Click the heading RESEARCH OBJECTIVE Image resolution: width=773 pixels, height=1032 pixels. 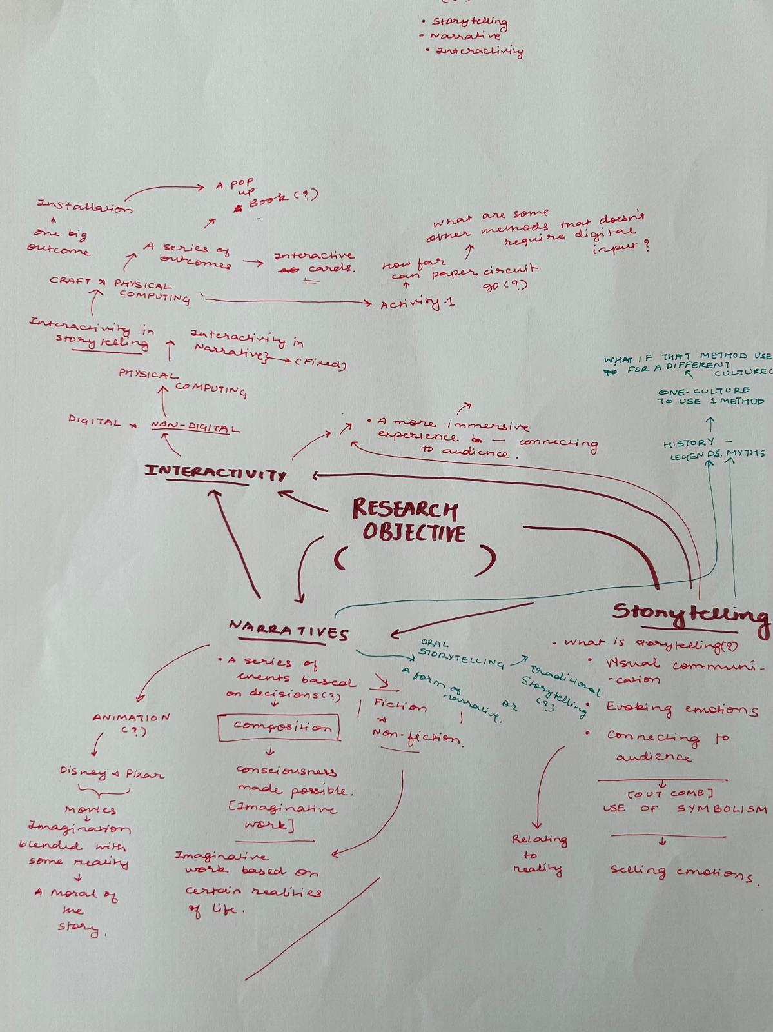(x=408, y=521)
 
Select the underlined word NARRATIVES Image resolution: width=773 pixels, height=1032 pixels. (x=288, y=630)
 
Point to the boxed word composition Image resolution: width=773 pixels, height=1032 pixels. (x=279, y=727)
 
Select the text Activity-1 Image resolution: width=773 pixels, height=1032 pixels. (x=417, y=303)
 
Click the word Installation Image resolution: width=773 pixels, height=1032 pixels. (x=84, y=207)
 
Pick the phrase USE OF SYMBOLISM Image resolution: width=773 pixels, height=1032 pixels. (x=685, y=809)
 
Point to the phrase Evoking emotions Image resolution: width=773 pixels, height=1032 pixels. (x=681, y=708)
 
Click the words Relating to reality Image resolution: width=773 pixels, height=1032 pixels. (x=538, y=855)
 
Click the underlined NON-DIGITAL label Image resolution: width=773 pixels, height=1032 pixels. (x=195, y=426)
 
